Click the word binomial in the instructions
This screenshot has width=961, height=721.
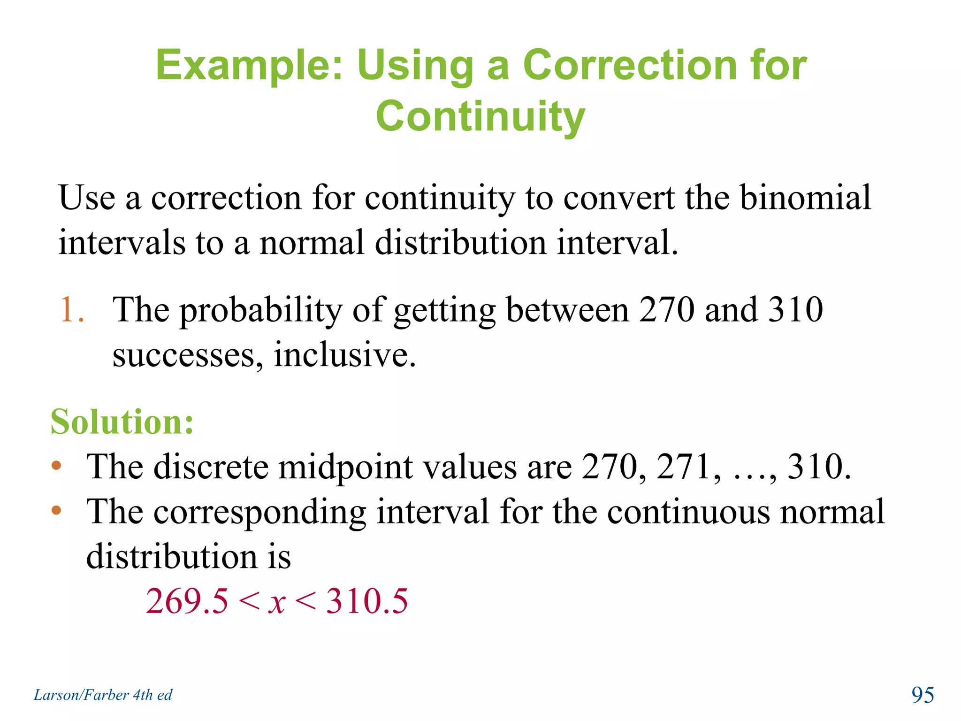click(805, 198)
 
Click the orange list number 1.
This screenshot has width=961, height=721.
click(70, 310)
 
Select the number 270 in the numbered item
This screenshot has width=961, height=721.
click(666, 310)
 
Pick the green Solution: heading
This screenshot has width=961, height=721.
click(122, 422)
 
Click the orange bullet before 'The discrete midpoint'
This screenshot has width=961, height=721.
click(57, 466)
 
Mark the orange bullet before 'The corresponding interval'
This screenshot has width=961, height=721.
click(57, 510)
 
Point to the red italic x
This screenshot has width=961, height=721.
click(277, 602)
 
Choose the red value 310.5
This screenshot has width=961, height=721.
click(367, 601)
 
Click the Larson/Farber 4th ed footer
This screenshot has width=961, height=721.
click(103, 695)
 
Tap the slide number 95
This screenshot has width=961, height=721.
click(923, 695)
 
